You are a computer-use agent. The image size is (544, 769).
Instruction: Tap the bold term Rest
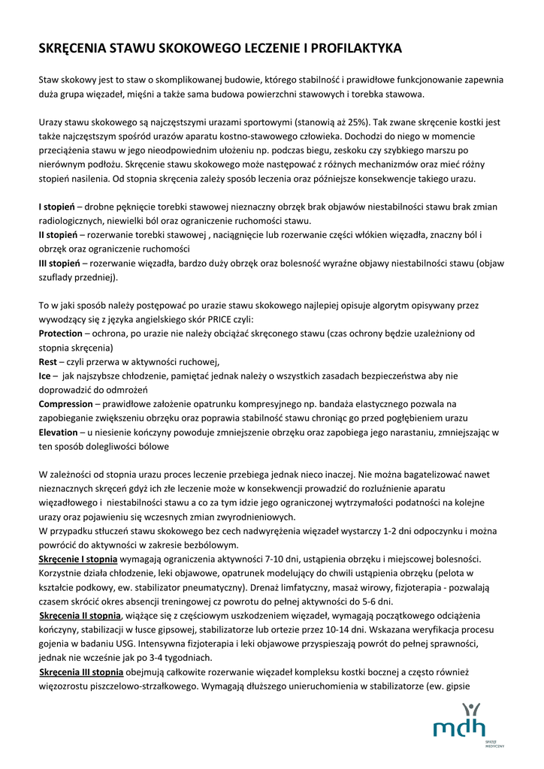click(47, 361)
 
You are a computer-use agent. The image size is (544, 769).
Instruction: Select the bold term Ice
click(46, 375)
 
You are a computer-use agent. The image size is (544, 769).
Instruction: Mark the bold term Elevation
click(58, 433)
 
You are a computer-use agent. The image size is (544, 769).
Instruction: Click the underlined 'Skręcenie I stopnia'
click(78, 559)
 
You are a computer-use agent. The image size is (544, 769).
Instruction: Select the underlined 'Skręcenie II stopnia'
click(80, 616)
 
